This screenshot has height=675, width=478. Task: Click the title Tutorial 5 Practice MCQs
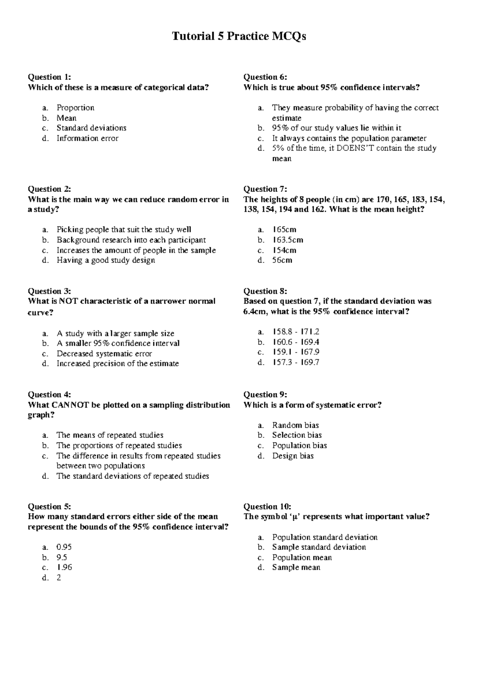pos(239,37)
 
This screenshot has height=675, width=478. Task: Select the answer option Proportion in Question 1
pos(75,108)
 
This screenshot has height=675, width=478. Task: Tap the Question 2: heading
pos(49,189)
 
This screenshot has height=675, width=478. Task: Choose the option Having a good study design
pos(106,260)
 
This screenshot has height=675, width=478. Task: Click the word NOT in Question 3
pos(68,301)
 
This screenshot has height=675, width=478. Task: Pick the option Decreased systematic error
pos(104,354)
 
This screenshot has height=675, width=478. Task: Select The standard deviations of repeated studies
pos(132,476)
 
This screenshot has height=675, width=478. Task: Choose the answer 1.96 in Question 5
pos(64,568)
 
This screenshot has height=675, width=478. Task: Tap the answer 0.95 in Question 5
pos(64,547)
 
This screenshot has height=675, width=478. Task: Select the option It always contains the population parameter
pos(349,139)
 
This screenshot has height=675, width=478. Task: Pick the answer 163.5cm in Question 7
pos(288,240)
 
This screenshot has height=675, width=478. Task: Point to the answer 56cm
pos(282,260)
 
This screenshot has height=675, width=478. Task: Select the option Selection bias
pos(297,435)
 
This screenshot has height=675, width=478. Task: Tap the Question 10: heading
pos(267,507)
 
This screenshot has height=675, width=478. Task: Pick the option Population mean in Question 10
pos(302,558)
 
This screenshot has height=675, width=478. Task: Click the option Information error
pos(87,139)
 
